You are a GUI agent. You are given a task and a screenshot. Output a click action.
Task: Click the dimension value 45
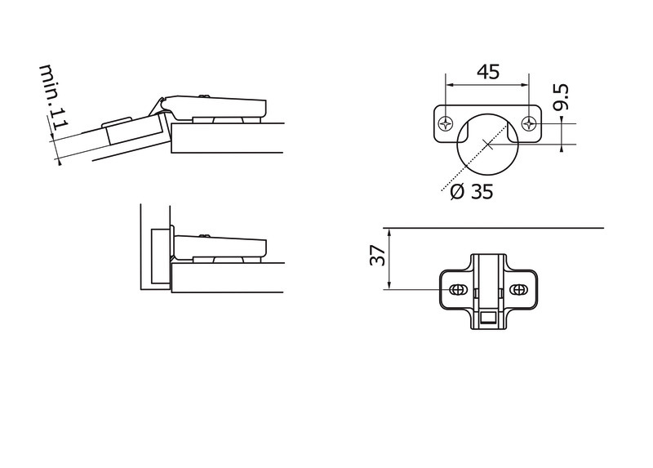pos(487,72)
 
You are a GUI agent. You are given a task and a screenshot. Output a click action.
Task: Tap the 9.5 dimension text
pos(561,97)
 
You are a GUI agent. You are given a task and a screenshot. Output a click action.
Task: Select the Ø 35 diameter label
pos(472,192)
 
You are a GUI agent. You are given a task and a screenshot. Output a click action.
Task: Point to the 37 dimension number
pos(377,255)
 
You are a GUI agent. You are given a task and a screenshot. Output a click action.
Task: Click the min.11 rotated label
pos(54,97)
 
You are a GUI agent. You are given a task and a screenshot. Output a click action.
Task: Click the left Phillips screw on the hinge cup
pos(445,123)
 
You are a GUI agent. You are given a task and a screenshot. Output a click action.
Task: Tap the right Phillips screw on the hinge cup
pos(529,123)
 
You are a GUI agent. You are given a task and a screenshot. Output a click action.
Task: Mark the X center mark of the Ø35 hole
pos(487,145)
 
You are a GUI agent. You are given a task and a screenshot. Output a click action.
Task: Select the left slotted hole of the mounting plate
pos(457,289)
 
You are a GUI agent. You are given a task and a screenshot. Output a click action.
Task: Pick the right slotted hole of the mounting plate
pos(518,289)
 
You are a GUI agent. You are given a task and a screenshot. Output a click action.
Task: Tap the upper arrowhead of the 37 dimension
pos(389,232)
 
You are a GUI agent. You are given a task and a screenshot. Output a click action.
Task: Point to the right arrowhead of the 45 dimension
pos(525,85)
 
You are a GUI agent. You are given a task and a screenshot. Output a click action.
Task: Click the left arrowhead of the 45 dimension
pos(450,85)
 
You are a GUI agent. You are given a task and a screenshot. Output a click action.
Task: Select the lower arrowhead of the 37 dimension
pos(389,285)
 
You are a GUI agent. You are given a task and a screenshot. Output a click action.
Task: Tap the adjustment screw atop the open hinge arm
pos(204,96)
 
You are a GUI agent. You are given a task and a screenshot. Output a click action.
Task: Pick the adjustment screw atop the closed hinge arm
pos(204,236)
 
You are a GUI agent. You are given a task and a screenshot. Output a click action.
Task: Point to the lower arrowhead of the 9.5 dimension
pos(562,147)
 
